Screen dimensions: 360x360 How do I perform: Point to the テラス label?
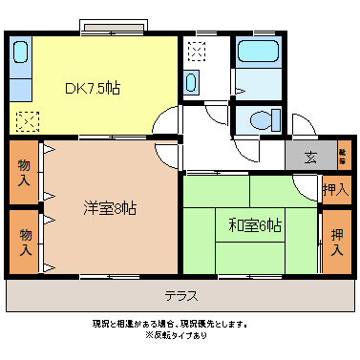[x=180, y=295]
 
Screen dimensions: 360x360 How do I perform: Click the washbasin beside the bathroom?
[x=191, y=83]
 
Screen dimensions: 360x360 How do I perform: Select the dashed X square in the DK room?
[x=28, y=121]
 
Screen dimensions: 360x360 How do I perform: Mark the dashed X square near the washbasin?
[x=198, y=51]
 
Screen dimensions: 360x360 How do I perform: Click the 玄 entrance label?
[x=311, y=158]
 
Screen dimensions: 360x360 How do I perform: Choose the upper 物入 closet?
[x=24, y=172]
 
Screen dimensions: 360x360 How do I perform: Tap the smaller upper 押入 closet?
[x=335, y=190]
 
